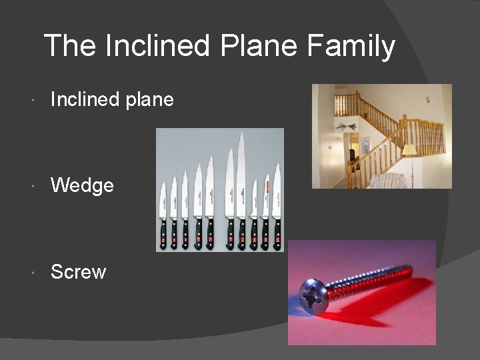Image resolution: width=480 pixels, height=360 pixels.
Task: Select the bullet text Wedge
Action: pyautogui.click(x=82, y=185)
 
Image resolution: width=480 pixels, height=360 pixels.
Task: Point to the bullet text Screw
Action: pyautogui.click(x=78, y=272)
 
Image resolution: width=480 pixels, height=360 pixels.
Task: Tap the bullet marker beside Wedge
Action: pyautogui.click(x=34, y=185)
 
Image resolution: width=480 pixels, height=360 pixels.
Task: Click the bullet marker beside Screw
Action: pyautogui.click(x=34, y=273)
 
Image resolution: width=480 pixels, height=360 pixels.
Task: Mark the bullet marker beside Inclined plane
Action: pyautogui.click(x=34, y=101)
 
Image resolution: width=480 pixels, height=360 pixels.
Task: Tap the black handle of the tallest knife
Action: pyautogui.click(x=242, y=233)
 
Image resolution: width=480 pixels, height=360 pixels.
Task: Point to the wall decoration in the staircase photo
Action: pyautogui.click(x=346, y=127)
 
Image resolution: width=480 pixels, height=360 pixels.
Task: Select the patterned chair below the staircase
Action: pyautogui.click(x=387, y=181)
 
